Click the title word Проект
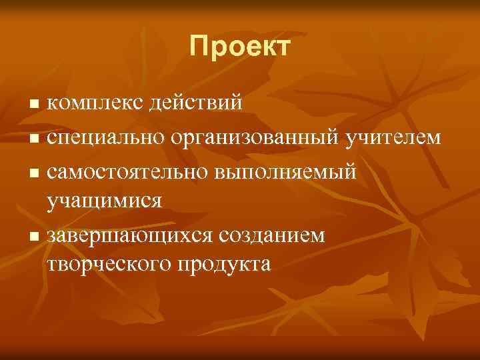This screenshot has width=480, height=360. [239, 47]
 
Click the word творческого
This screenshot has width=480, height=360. [109, 263]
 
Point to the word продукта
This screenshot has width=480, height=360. [224, 263]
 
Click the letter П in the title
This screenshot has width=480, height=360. [198, 47]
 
